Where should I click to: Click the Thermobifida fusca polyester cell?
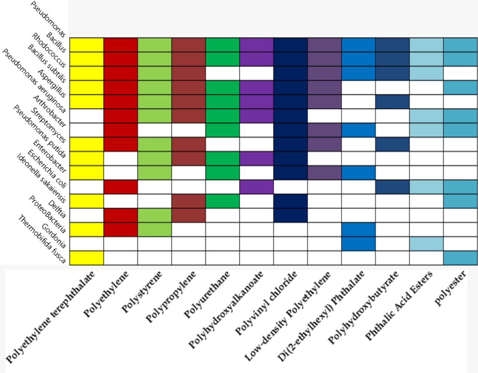click(460, 258)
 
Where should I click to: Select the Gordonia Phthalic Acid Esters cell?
click(426, 244)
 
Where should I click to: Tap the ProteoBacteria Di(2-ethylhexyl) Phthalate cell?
click(358, 229)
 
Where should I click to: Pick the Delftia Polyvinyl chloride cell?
click(291, 215)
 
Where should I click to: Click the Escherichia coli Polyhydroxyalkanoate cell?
click(257, 187)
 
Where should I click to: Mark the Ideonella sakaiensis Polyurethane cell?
click(223, 201)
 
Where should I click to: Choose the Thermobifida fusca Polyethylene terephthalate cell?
click(87, 258)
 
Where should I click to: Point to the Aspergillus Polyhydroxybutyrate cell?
click(392, 101)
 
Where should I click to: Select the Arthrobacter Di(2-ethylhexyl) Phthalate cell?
click(358, 130)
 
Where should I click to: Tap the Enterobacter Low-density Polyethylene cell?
click(325, 172)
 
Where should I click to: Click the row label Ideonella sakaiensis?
click(41, 178)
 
